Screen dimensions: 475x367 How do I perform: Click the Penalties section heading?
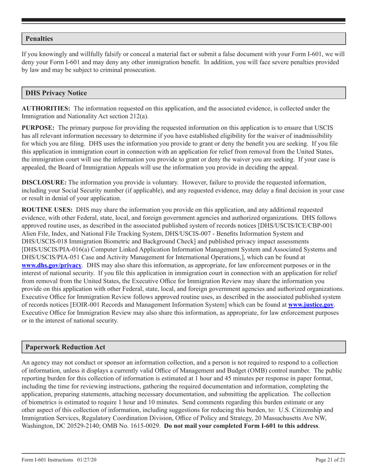click(x=39, y=39)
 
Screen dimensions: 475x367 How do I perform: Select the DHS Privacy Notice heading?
click(x=56, y=93)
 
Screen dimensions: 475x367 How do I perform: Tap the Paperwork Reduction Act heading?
click(x=65, y=347)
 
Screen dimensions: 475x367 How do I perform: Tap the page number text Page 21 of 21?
click(x=330, y=460)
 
